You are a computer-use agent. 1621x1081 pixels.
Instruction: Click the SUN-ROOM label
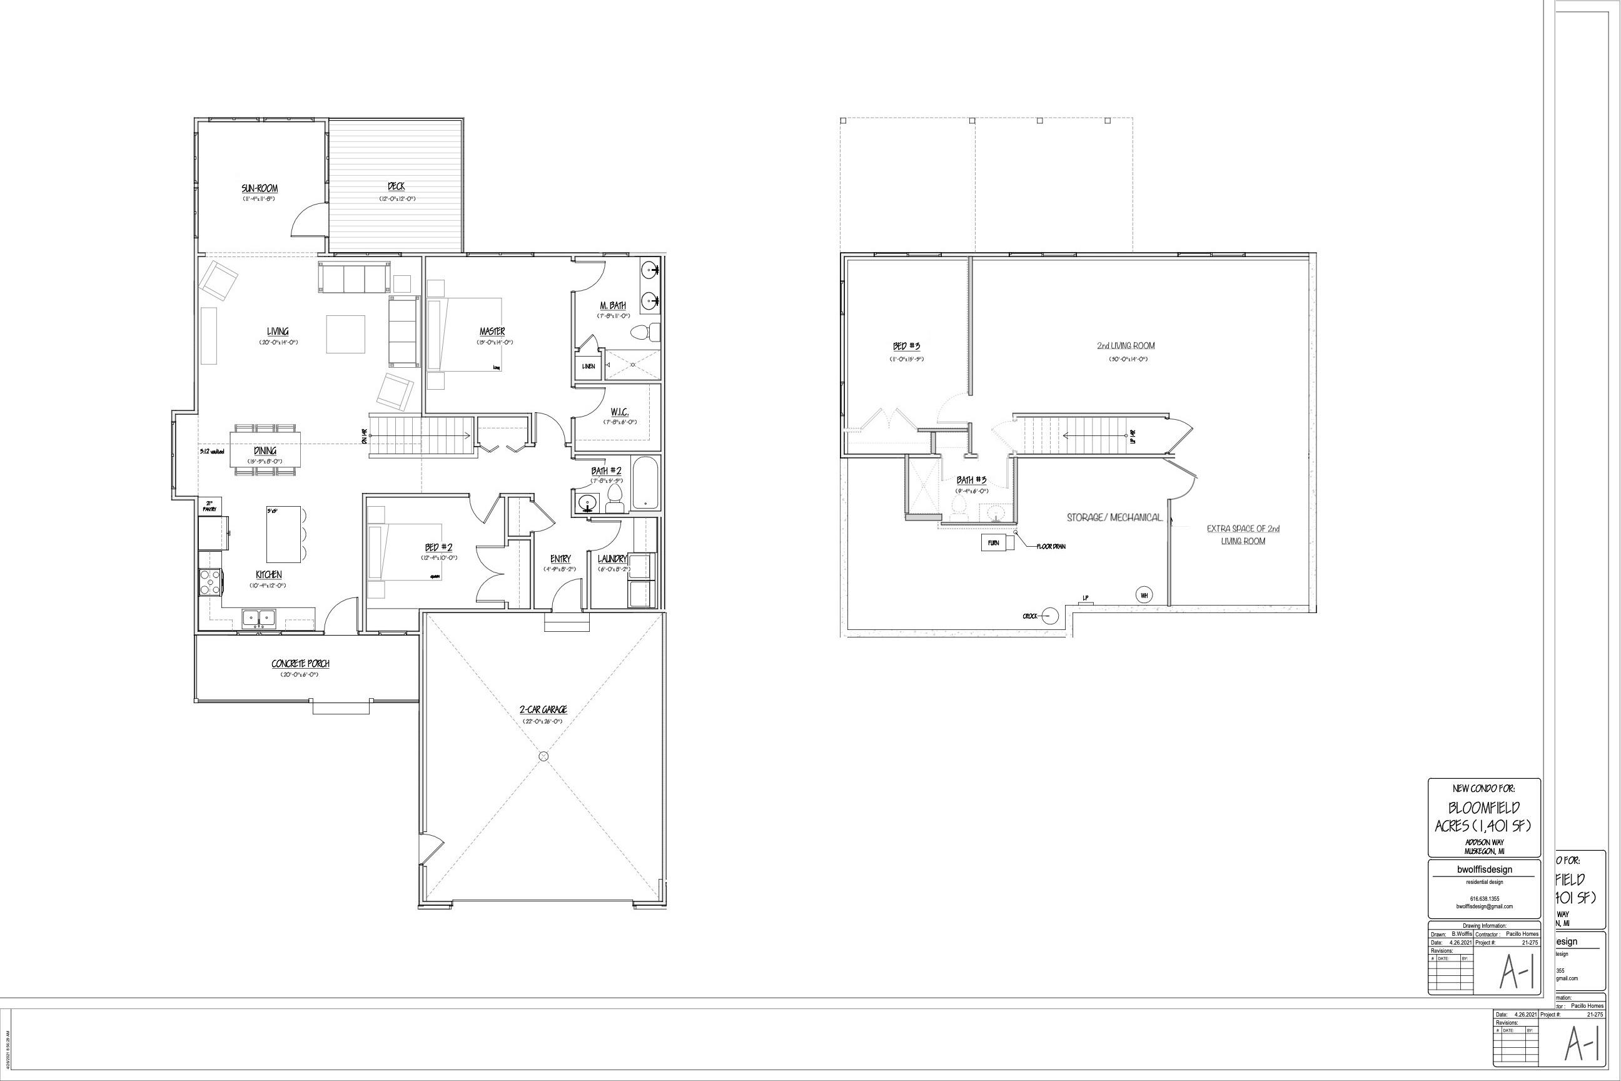coord(259,188)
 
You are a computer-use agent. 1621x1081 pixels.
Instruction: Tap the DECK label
coord(396,186)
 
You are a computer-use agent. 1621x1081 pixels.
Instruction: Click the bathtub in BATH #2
coord(646,484)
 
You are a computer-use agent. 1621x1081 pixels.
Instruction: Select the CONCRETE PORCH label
coord(300,664)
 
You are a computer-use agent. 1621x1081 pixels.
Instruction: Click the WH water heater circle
coord(1143,595)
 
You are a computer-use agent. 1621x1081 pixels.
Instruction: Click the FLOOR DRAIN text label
coord(1051,547)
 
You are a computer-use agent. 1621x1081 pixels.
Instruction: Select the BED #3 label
coord(906,346)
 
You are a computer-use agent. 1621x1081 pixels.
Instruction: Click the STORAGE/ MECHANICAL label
coord(1114,517)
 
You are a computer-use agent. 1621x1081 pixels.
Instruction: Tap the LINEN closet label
coord(588,366)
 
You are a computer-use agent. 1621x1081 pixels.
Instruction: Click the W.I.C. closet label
coord(619,412)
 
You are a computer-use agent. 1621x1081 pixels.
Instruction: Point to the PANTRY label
coord(210,506)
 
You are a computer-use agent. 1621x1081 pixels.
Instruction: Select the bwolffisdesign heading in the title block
coord(1484,870)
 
